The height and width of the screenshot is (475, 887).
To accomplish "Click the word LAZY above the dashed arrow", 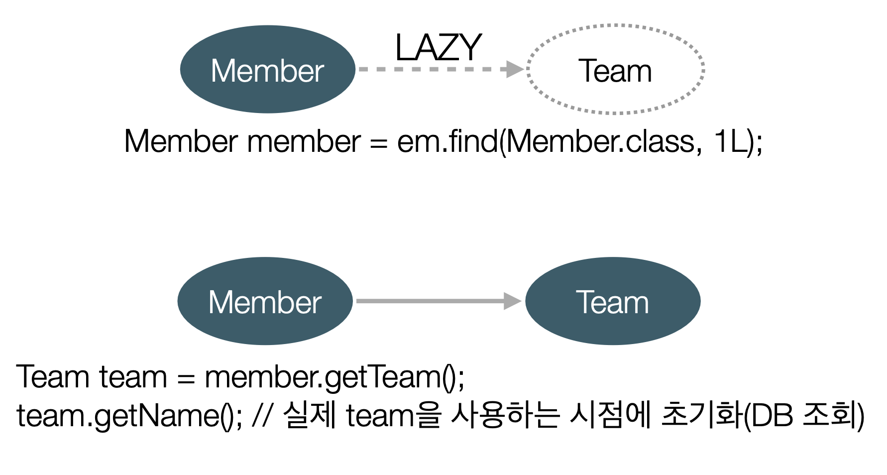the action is pyautogui.click(x=438, y=47).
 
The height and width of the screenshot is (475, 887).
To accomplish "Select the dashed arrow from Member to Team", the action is pyautogui.click(x=441, y=69).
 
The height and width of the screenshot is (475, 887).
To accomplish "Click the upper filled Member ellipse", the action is pyautogui.click(x=268, y=69).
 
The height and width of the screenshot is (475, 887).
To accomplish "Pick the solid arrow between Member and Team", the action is pyautogui.click(x=439, y=301).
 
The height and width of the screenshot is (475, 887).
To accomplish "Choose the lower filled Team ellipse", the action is pyautogui.click(x=613, y=301).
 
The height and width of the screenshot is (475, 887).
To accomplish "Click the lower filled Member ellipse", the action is pyautogui.click(x=265, y=301).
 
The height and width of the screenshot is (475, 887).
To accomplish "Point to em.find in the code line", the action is pyautogui.click(x=447, y=141).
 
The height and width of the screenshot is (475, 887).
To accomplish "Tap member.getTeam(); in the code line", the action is pyautogui.click(x=334, y=377).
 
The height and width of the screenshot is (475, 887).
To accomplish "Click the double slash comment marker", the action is pyautogui.click(x=262, y=415).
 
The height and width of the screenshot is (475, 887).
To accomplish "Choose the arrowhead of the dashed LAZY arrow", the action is pyautogui.click(x=515, y=69).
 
